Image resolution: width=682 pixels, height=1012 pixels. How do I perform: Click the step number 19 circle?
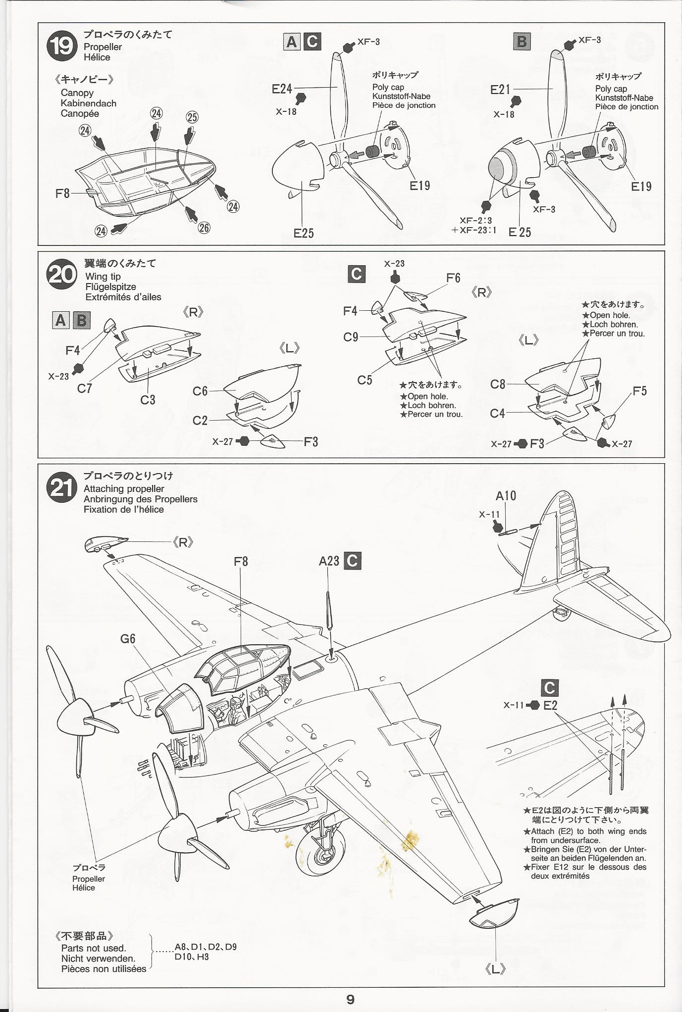coord(62,46)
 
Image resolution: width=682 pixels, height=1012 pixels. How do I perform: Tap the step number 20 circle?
coord(62,275)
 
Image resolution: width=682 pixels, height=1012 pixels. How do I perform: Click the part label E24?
coord(282,89)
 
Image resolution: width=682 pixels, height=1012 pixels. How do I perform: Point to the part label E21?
coord(500,90)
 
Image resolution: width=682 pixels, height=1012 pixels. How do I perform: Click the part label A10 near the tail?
coord(506,495)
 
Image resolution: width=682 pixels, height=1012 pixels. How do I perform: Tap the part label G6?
coord(127,639)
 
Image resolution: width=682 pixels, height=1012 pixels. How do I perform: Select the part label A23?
coord(329,561)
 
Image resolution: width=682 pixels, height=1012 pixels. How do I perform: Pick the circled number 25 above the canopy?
coord(192,117)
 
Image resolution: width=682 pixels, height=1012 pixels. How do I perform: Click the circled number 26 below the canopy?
coord(204,228)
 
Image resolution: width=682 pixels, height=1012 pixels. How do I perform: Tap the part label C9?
coord(351,337)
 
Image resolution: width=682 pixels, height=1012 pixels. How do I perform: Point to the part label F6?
coord(453,278)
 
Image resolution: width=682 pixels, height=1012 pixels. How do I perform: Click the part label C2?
coord(200,421)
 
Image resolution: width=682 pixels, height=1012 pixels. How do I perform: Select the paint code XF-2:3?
coord(475,221)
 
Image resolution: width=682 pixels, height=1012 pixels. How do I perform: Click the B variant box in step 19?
coord(522,41)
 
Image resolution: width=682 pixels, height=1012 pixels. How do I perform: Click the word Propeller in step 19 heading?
coord(103,47)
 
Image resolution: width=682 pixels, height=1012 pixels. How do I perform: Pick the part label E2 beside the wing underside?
coord(550,705)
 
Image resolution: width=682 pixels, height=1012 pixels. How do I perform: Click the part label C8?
coord(498,385)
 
